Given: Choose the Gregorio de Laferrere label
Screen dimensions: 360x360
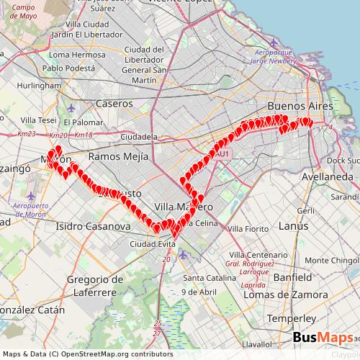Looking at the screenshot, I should click(x=93, y=285).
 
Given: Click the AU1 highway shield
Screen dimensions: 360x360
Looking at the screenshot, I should click(x=222, y=153).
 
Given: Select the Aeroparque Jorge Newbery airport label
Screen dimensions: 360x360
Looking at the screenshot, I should click(x=279, y=57).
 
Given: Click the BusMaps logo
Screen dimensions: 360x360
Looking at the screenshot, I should click(x=323, y=338).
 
